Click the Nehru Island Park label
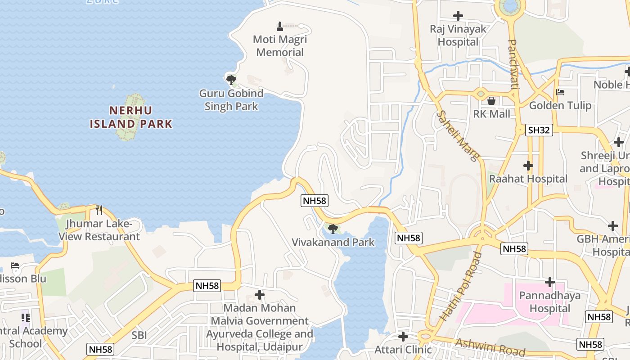[131, 117]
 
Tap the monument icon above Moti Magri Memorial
[280, 26]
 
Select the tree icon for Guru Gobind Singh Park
[231, 80]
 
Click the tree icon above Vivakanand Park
[333, 229]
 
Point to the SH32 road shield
[539, 130]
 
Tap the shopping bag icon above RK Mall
[491, 100]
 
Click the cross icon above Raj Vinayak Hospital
[458, 16]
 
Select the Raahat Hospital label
[528, 179]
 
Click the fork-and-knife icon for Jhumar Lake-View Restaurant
[99, 210]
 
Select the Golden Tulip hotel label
[560, 105]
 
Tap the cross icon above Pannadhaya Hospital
[549, 282]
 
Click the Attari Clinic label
[403, 349]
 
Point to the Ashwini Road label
[490, 347]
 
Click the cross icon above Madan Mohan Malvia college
[260, 295]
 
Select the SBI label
[139, 335]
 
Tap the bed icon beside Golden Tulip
[560, 92]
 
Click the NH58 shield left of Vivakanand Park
[315, 201]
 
